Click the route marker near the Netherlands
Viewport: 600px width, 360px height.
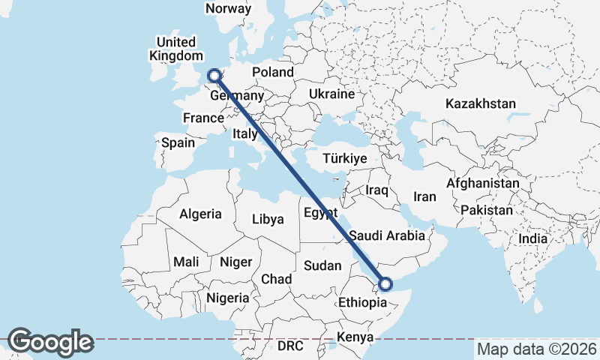(214, 75)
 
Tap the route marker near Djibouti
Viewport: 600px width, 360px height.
(385, 284)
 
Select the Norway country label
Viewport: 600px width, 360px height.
(228, 8)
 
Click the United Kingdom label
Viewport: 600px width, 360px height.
(176, 49)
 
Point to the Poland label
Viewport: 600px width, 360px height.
(273, 72)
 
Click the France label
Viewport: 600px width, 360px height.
(203, 118)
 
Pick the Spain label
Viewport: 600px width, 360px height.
(178, 142)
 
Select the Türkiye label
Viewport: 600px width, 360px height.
(343, 159)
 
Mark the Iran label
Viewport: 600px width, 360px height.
(424, 196)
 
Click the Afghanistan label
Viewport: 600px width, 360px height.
(482, 183)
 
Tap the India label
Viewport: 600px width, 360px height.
(532, 238)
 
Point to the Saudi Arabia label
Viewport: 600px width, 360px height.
(387, 235)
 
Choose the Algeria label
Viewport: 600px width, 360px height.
(200, 214)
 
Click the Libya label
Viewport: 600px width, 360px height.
(268, 220)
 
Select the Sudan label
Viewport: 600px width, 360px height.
(322, 265)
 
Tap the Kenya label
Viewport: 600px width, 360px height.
(355, 337)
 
